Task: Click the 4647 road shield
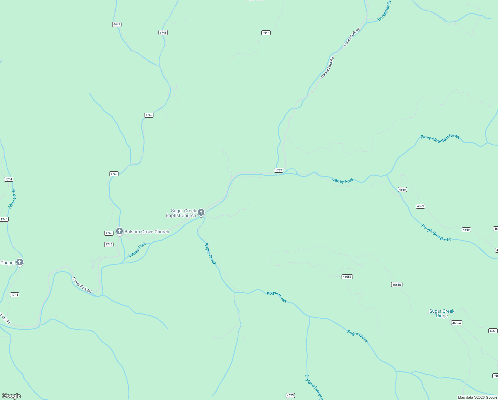(117, 24)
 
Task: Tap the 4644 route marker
(266, 33)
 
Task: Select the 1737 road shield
(279, 170)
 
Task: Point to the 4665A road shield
(457, 323)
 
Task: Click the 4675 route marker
(290, 395)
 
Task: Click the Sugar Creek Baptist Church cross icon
(201, 212)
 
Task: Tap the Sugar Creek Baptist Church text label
(181, 213)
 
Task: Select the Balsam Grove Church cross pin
(120, 231)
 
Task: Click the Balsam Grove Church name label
(147, 232)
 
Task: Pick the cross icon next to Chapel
(20, 262)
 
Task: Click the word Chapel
(8, 263)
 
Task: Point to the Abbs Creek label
(12, 199)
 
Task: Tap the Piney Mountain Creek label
(440, 138)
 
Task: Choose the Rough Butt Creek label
(436, 233)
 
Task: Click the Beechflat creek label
(384, 11)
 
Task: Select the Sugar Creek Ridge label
(442, 313)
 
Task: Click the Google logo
(11, 396)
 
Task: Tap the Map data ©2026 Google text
(477, 397)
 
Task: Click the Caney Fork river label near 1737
(343, 181)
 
